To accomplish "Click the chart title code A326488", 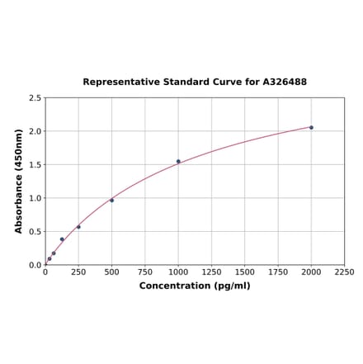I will click(x=285, y=83).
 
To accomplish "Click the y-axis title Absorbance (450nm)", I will click(x=19, y=181).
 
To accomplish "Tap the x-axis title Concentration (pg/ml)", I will click(x=195, y=286).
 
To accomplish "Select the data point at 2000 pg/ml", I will click(x=311, y=127).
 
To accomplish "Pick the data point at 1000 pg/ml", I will click(x=178, y=161).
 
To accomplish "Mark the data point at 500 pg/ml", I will click(x=111, y=200).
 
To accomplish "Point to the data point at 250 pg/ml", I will click(x=78, y=227).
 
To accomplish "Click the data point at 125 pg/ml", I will click(x=62, y=239).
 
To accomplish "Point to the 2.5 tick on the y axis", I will click(x=35, y=98).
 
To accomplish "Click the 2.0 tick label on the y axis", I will click(x=35, y=131).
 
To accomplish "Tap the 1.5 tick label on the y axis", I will click(x=35, y=165).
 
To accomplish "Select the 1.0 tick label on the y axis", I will click(x=35, y=198).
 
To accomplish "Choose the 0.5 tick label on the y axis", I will click(x=35, y=232).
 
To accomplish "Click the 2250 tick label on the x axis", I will click(x=344, y=272).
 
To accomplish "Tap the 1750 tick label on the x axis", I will click(x=278, y=272).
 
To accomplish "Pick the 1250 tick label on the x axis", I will click(x=211, y=272).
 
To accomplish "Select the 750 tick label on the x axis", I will click(x=144, y=272).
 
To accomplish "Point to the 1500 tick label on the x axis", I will click(x=244, y=272).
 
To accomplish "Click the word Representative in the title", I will click(x=122, y=83).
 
